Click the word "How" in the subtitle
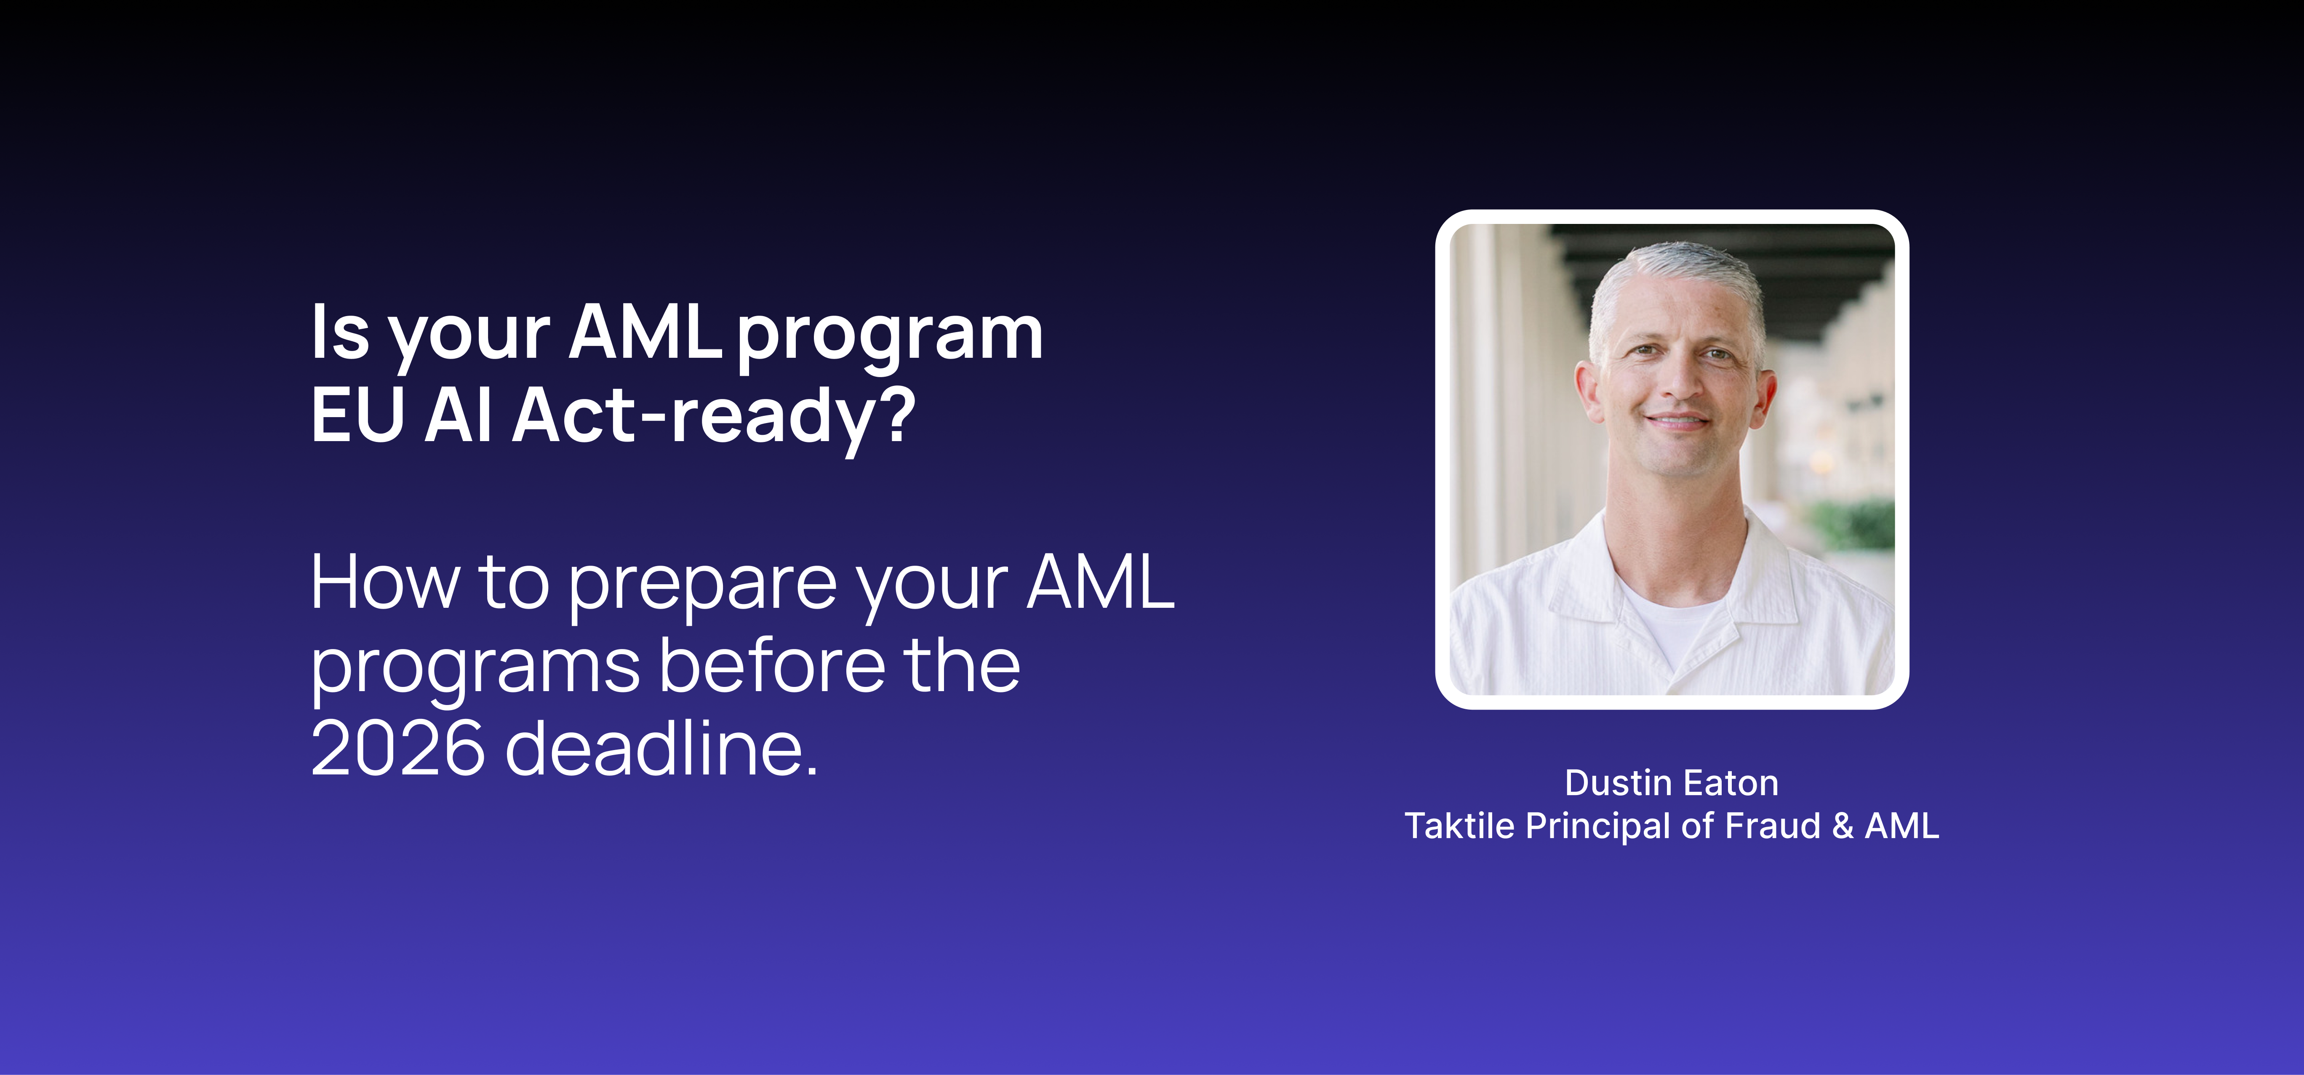point(386,582)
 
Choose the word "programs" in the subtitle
point(475,671)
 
